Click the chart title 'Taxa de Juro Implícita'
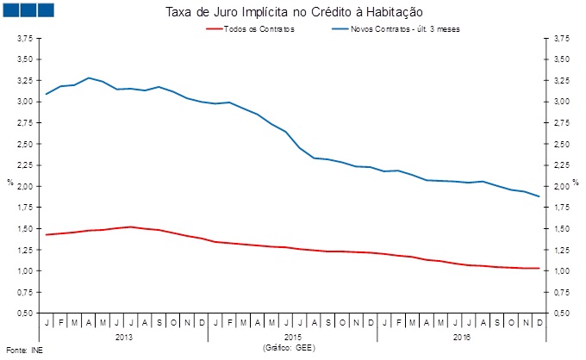[292, 12]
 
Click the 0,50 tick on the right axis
[561, 313]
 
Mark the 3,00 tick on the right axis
[561, 102]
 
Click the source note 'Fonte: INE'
[23, 351]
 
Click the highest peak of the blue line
[89, 78]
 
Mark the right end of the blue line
[539, 196]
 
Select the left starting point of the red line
[46, 234]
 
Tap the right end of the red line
[539, 268]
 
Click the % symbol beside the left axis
[9, 182]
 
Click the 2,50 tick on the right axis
[561, 144]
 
